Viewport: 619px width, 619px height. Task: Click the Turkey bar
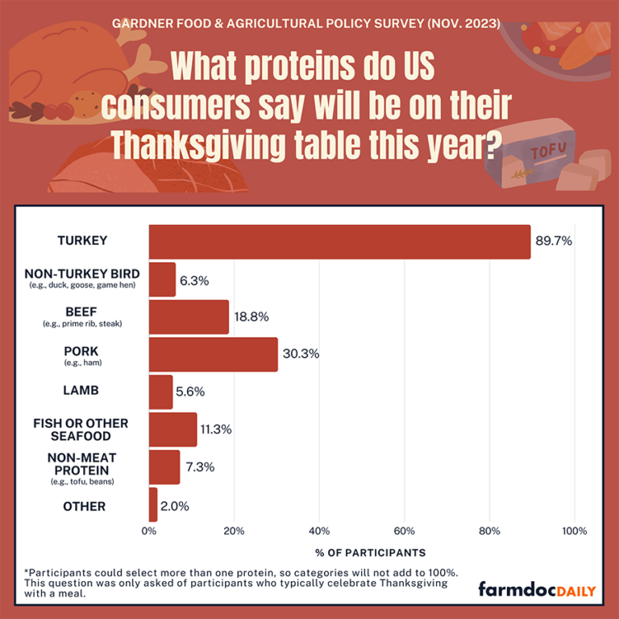[339, 242]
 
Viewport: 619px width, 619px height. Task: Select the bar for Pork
[214, 355]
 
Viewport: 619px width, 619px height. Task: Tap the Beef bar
[189, 317]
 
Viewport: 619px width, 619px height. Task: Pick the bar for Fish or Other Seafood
[172, 430]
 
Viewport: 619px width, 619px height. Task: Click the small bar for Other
[153, 505]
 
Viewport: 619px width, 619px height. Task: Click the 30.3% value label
[300, 355]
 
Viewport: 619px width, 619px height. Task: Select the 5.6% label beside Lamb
[190, 392]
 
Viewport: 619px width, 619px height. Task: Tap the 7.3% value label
[197, 467]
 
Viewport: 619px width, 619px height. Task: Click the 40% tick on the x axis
[319, 531]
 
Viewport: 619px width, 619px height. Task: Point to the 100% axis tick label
[574, 531]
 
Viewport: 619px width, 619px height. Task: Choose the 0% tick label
[149, 531]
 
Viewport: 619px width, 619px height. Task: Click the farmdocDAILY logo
[537, 590]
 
